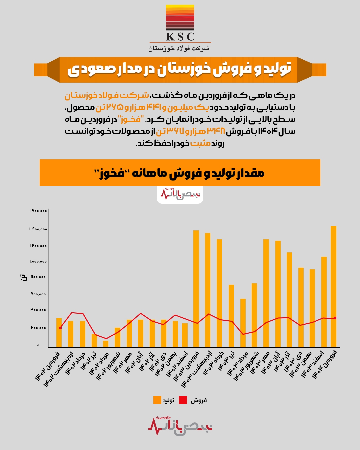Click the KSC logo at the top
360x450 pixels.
[x=180, y=23]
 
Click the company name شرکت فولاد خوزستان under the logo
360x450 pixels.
[x=179, y=48]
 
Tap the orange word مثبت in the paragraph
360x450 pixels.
[x=200, y=143]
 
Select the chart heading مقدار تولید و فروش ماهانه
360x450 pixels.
[x=180, y=173]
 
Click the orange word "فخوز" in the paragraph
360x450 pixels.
[x=132, y=119]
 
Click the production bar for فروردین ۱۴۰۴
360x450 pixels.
[x=333, y=287]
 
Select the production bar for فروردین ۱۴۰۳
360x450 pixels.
[x=196, y=289]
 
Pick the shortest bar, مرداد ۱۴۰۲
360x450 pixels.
[x=106, y=344]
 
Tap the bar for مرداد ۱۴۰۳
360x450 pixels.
[x=243, y=323]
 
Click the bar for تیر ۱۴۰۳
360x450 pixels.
[x=231, y=316]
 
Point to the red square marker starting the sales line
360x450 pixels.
[x=60, y=328]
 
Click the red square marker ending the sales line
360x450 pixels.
[x=335, y=318]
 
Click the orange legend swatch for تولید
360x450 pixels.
[x=157, y=400]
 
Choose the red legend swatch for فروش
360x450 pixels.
[x=183, y=400]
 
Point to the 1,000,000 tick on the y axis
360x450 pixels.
[x=38, y=261]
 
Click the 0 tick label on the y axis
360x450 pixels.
[x=38, y=345]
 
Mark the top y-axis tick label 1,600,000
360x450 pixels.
[x=38, y=211]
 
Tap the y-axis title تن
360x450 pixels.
[x=23, y=277]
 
